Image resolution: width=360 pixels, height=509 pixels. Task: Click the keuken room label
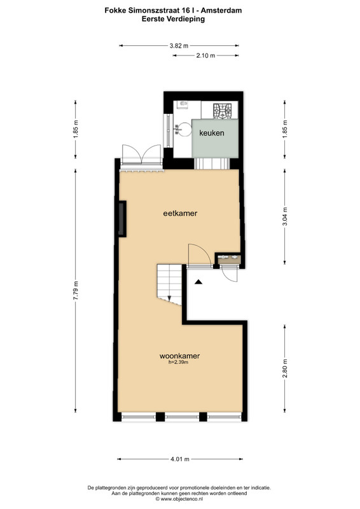click(x=212, y=133)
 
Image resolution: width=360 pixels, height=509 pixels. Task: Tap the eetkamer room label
click(x=180, y=213)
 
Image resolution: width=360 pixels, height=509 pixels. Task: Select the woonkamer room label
click(x=179, y=356)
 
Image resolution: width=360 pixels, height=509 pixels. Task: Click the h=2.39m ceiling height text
click(x=179, y=362)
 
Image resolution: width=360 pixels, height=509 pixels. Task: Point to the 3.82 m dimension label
click(x=179, y=46)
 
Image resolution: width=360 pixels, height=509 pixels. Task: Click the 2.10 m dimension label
click(x=205, y=55)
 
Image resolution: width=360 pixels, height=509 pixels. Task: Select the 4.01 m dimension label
click(x=180, y=459)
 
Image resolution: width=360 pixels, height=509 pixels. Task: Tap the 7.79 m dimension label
click(x=76, y=291)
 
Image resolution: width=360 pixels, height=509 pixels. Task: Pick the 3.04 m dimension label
click(x=285, y=216)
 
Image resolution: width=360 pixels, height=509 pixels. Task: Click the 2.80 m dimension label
click(x=285, y=368)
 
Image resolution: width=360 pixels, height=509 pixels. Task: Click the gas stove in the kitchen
click(x=223, y=111)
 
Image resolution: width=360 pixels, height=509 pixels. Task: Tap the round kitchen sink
click(x=184, y=130)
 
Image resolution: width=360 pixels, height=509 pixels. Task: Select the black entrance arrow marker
click(x=198, y=282)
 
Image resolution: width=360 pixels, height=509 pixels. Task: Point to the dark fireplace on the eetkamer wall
click(x=122, y=218)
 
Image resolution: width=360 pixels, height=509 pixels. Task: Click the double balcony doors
click(x=141, y=157)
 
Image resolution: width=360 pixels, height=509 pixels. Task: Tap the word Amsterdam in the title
click(x=221, y=10)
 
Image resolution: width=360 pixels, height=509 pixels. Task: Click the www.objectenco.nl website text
click(x=181, y=499)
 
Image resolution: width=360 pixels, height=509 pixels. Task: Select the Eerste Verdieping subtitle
click(x=173, y=19)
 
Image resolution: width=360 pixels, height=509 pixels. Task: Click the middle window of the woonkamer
click(x=182, y=417)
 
